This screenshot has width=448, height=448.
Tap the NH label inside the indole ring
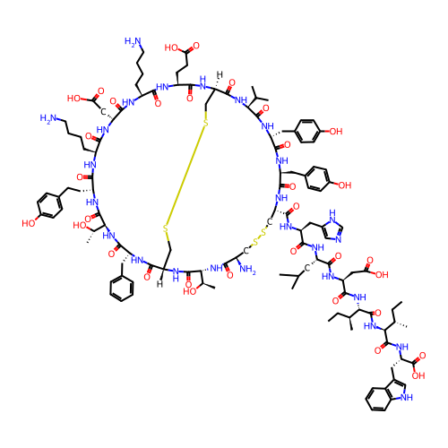pyautogui.click(x=407, y=398)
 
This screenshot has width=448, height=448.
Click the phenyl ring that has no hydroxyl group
pyautogui.click(x=122, y=289)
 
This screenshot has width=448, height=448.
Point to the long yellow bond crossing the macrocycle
pyautogui.click(x=185, y=176)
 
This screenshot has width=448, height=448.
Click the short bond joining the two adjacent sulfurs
pyautogui.click(x=259, y=237)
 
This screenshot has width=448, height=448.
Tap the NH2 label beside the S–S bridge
pyautogui.click(x=248, y=270)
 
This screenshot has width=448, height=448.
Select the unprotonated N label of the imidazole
pyautogui.click(x=339, y=239)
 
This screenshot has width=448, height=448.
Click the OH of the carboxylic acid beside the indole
pyautogui.click(x=418, y=375)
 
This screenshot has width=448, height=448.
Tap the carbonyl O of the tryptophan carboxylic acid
pyautogui.click(x=422, y=356)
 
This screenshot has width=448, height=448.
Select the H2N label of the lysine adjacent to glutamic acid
pyautogui.click(x=133, y=41)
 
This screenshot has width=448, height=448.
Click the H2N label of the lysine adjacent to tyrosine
pyautogui.click(x=48, y=118)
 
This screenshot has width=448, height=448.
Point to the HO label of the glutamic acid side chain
pyautogui.click(x=171, y=47)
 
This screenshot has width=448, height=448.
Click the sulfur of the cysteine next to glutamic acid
pyautogui.click(x=205, y=123)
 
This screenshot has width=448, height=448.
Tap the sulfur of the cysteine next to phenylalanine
pyautogui.click(x=166, y=228)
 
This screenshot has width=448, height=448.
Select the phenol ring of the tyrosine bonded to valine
pyautogui.click(x=307, y=131)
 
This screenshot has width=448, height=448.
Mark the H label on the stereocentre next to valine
pyautogui.click(x=220, y=74)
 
